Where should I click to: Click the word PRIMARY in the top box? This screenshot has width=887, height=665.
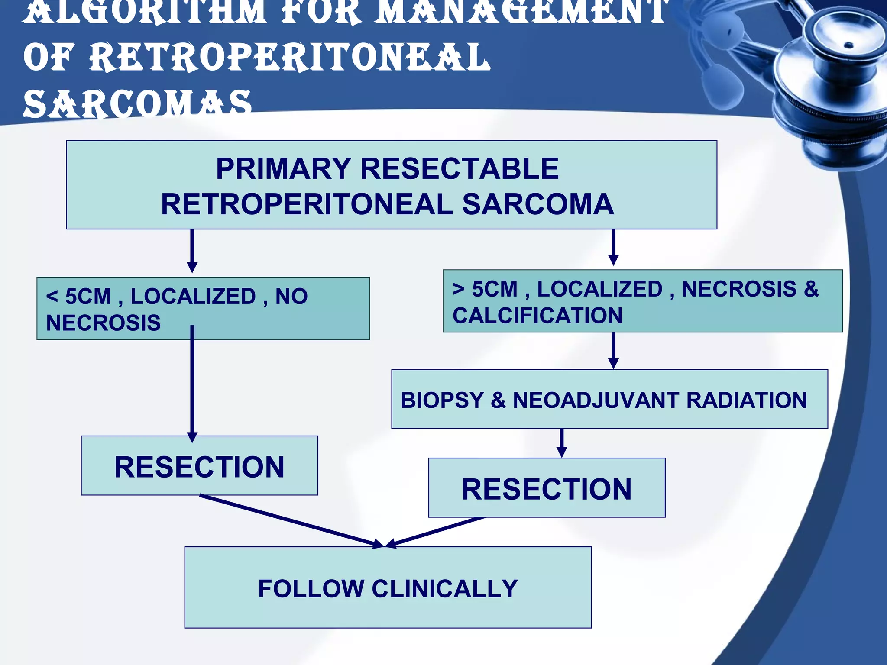point(284,168)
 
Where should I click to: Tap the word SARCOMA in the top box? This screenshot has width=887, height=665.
point(537,204)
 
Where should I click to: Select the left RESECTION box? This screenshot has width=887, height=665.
point(199,466)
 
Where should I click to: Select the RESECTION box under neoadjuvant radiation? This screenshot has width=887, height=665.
point(547,488)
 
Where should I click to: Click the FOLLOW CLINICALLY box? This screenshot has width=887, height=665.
point(388,588)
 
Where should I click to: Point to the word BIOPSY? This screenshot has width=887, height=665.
point(442,400)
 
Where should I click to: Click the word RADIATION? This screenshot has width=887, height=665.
point(746,400)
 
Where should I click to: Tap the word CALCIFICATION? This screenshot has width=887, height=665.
point(537,315)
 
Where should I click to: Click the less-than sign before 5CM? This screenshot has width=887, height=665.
point(52,297)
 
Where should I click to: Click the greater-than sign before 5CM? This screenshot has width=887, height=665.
point(459,289)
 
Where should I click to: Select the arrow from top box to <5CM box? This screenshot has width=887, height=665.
point(192,251)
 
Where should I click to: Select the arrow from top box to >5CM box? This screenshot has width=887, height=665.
point(613,248)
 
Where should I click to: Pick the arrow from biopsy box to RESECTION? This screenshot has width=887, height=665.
point(562,442)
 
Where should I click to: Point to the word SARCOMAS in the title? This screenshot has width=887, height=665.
point(137,104)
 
